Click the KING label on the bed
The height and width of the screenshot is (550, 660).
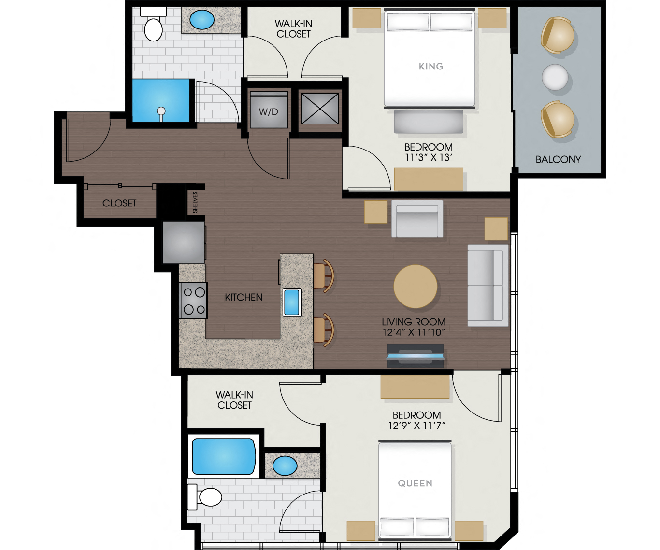(x=430, y=67)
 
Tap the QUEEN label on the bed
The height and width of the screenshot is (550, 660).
(x=415, y=483)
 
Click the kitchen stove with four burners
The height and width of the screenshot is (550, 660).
(x=194, y=301)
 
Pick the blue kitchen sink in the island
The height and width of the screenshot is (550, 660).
(x=292, y=302)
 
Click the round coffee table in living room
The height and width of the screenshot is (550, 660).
(x=416, y=287)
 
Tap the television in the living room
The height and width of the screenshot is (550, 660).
(x=416, y=357)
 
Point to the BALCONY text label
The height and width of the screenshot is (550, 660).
(x=558, y=159)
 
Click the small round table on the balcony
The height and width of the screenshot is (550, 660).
(x=555, y=77)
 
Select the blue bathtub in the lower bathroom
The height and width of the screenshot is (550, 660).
(x=224, y=456)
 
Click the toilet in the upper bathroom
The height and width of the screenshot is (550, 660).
(x=154, y=28)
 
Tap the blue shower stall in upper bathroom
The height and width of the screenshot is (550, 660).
(x=161, y=101)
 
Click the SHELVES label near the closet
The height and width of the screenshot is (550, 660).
(x=195, y=202)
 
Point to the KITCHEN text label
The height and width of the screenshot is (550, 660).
(x=244, y=297)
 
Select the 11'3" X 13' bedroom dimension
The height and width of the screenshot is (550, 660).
(x=428, y=158)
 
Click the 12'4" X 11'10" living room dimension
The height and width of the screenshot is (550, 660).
(x=414, y=332)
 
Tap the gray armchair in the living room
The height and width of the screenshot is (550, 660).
(x=417, y=219)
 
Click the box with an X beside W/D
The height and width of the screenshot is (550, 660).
(x=320, y=109)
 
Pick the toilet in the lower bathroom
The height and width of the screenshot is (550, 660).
(x=208, y=497)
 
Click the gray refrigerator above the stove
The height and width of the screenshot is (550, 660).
(x=183, y=242)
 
